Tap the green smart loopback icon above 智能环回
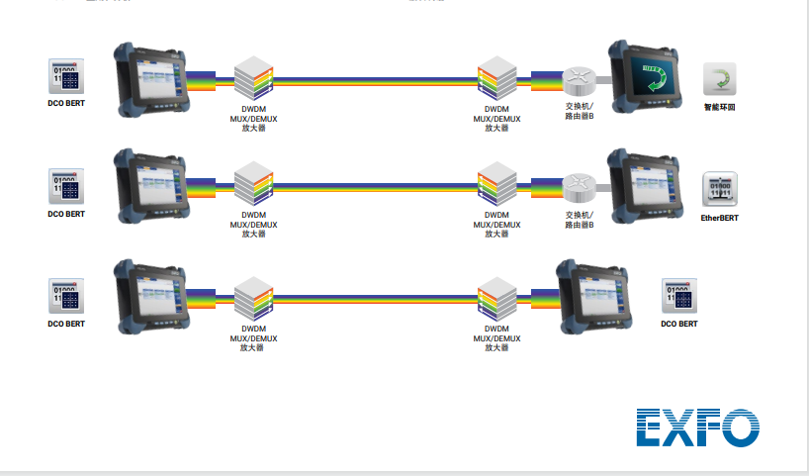point(719,79)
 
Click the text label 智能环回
point(719,106)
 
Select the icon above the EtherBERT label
point(719,188)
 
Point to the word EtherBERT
point(719,217)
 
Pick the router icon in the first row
point(577,79)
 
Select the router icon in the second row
point(577,187)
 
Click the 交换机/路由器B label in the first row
point(580,110)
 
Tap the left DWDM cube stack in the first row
point(253,78)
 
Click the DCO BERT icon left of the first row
point(66,76)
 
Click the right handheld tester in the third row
point(592,294)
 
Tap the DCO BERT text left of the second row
point(66,214)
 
